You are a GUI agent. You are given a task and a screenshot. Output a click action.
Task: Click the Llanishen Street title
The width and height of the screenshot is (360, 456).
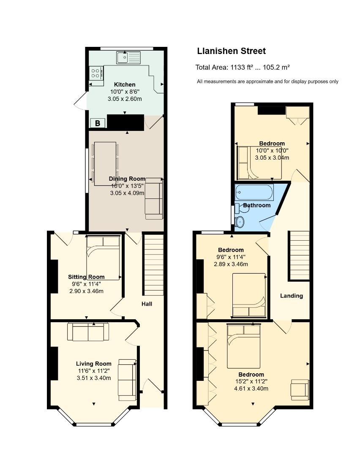pyautogui.click(x=232, y=51)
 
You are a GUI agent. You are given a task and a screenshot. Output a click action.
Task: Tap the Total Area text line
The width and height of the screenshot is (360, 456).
pyautogui.click(x=243, y=68)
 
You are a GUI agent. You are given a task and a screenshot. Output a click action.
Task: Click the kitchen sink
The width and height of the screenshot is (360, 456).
pyautogui.click(x=128, y=57)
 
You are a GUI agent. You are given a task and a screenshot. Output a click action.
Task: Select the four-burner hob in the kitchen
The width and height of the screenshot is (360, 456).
pyautogui.click(x=96, y=73)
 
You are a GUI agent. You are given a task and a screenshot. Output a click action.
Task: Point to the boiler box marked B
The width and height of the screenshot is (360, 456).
pyautogui.click(x=98, y=123)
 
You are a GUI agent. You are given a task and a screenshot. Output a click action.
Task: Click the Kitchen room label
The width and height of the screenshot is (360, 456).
pyautogui.click(x=125, y=84)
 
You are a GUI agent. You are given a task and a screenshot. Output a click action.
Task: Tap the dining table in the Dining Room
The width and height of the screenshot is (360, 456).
pyautogui.click(x=105, y=164)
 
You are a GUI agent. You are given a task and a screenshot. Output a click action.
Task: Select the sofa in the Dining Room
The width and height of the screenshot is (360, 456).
pyautogui.click(x=154, y=198)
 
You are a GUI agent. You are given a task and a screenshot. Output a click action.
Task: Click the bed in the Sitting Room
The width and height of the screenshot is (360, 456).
pyautogui.click(x=103, y=258)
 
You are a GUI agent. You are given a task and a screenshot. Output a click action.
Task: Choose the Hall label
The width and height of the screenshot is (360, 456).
pyautogui.click(x=147, y=304)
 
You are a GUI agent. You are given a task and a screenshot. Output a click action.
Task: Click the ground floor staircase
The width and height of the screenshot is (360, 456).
pyautogui.click(x=154, y=264)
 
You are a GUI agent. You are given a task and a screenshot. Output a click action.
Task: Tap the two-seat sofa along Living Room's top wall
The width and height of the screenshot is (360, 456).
pyautogui.click(x=88, y=332)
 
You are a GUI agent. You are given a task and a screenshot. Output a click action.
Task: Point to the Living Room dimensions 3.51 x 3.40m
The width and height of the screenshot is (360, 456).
pyautogui.click(x=94, y=378)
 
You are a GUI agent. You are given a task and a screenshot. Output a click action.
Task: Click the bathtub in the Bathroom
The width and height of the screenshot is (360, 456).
pyautogui.click(x=254, y=192)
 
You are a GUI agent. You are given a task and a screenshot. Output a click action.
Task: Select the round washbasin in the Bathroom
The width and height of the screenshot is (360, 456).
pyautogui.click(x=240, y=222)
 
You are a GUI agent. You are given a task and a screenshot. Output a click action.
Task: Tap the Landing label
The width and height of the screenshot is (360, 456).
pyautogui.click(x=291, y=296)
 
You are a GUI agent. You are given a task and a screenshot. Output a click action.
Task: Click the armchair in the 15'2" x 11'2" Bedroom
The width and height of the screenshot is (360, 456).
pyautogui.click(x=300, y=389)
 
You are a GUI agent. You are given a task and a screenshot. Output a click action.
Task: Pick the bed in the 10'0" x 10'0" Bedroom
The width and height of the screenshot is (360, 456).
pyautogui.click(x=259, y=163)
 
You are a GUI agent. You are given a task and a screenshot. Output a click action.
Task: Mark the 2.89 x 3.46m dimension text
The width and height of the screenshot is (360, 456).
pyautogui.click(x=231, y=264)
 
